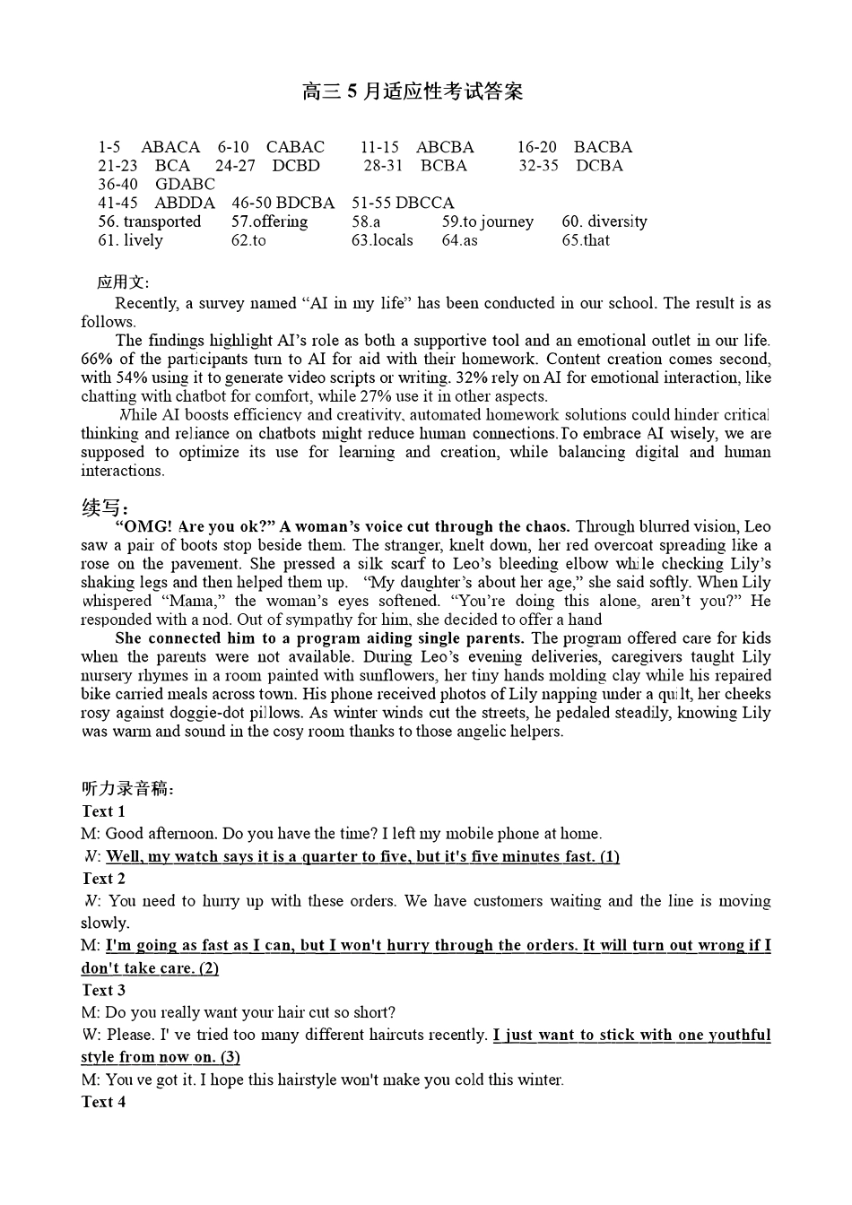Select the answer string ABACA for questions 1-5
170,147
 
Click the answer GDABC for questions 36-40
185,185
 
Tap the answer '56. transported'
150,221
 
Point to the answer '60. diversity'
604,221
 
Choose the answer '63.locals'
382,240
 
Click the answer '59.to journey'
487,221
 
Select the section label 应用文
123,282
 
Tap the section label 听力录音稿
127,789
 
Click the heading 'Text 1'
103,811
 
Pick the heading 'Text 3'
103,991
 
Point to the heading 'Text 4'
103,1102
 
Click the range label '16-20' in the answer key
536,147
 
